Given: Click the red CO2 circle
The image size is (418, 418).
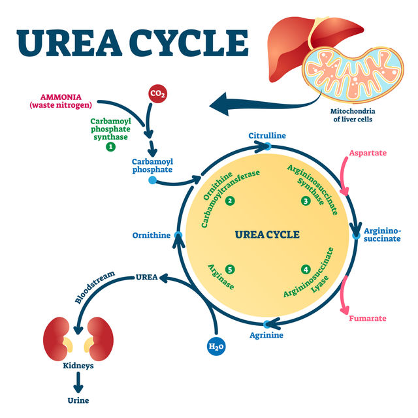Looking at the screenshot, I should point(157,93).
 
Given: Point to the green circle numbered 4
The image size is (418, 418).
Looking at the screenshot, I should point(306,268).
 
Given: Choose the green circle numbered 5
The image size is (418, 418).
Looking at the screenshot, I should point(230,268).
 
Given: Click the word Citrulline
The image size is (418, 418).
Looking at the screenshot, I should point(267,135).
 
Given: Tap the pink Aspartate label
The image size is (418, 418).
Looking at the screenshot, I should point(368,153).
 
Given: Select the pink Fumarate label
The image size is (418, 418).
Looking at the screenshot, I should point(368,318).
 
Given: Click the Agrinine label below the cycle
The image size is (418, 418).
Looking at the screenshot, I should point(266,336).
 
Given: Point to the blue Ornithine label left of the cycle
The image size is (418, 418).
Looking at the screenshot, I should point(151,235).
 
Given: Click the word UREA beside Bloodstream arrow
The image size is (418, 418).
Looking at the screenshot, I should point(146,277).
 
